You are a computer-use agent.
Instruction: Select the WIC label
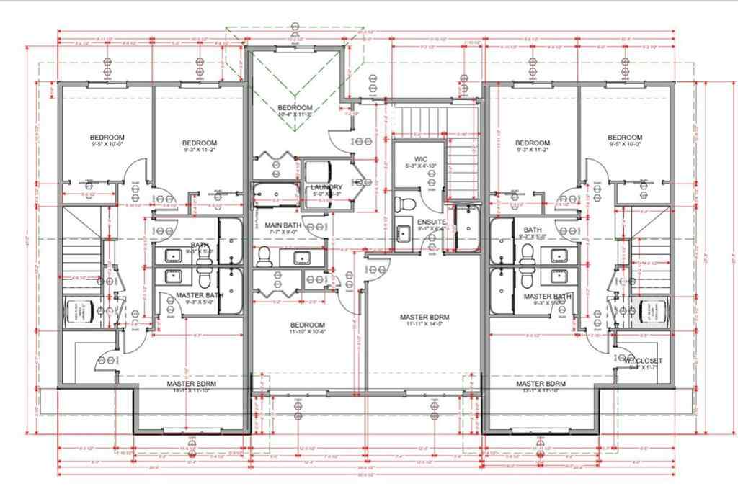pyautogui.click(x=421, y=158)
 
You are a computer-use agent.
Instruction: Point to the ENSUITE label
pyautogui.click(x=432, y=222)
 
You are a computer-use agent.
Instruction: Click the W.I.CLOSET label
pyautogui.click(x=644, y=360)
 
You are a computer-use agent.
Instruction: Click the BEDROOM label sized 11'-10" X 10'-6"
pyautogui.click(x=308, y=325)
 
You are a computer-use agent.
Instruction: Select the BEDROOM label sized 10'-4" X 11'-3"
pyautogui.click(x=294, y=108)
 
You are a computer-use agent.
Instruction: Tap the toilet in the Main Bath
pyautogui.click(x=264, y=255)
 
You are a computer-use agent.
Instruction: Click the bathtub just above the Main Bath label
pyautogui.click(x=275, y=194)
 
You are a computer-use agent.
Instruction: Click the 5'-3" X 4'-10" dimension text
pyautogui.click(x=421, y=166)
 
